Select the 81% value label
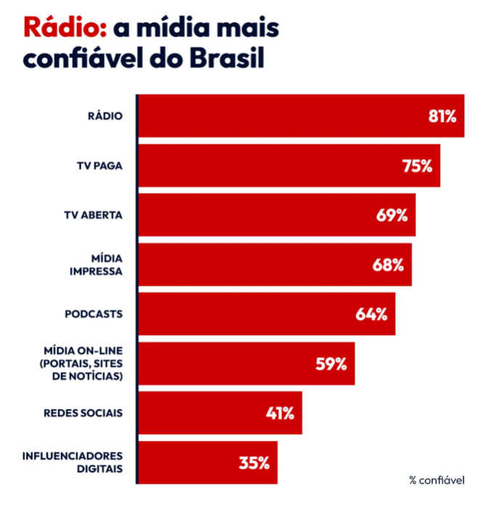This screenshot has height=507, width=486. click(x=442, y=116)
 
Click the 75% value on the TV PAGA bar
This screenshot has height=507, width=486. click(x=417, y=165)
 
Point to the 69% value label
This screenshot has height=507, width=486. click(x=392, y=215)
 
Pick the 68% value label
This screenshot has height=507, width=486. click(x=388, y=265)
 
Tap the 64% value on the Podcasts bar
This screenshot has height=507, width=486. click(x=372, y=314)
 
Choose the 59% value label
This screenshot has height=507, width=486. click(x=331, y=364)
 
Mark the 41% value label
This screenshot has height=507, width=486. click(x=279, y=413)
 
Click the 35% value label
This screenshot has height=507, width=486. click(x=254, y=463)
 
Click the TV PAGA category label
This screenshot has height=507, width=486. click(x=99, y=165)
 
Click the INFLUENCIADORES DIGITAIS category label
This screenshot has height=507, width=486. click(x=73, y=462)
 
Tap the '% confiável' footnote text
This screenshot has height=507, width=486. click(x=437, y=480)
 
